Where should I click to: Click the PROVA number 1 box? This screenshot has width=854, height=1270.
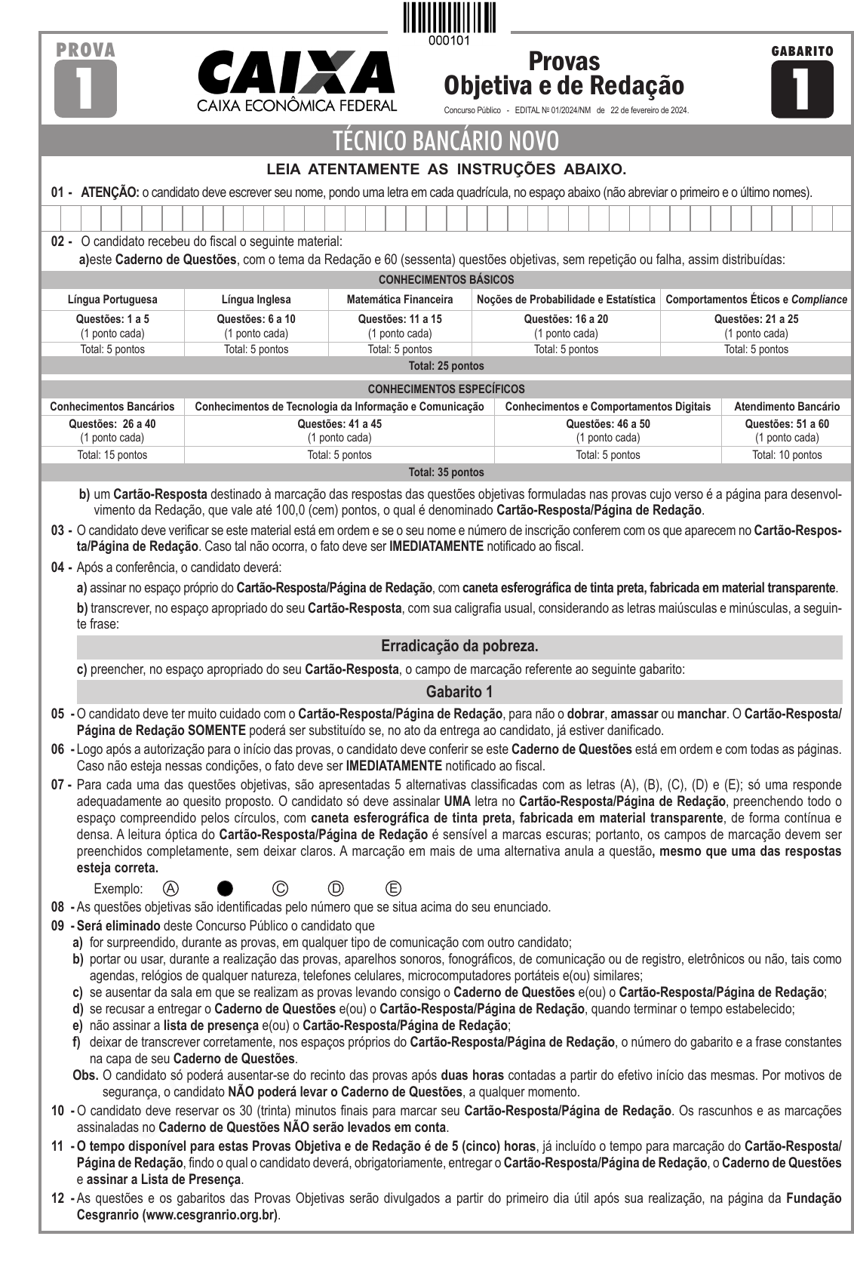tap(85, 88)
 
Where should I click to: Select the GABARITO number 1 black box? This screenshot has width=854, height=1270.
tap(802, 88)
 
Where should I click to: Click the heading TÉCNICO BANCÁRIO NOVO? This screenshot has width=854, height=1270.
tap(447, 141)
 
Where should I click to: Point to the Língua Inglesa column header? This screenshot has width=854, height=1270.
tap(256, 300)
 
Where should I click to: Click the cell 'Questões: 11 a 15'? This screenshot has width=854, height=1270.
tap(400, 319)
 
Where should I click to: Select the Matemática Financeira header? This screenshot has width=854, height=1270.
tap(400, 300)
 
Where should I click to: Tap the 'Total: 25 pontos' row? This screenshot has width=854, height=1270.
tap(447, 366)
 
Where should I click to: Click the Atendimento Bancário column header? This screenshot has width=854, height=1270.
tap(786, 407)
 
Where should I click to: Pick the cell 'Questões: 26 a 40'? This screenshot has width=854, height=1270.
tap(112, 424)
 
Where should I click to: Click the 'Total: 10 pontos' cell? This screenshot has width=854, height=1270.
tap(786, 455)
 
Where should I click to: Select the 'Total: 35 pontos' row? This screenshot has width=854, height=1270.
tap(447, 472)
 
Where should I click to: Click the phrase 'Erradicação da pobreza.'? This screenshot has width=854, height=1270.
tap(459, 647)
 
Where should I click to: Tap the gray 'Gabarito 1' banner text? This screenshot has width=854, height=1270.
tap(459, 691)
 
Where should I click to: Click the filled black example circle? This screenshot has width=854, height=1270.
tap(225, 888)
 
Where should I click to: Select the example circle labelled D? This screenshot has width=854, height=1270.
tap(336, 888)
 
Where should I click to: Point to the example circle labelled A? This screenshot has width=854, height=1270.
tap(171, 888)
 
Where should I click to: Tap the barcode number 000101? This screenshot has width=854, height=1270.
tap(449, 41)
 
